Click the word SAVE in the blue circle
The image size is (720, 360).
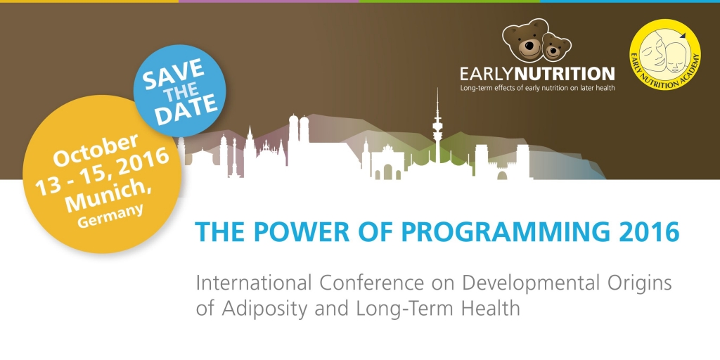pyautogui.click(x=173, y=73)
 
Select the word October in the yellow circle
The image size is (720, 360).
pyautogui.click(x=96, y=150)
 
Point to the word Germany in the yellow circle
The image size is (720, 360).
pyautogui.click(x=110, y=216)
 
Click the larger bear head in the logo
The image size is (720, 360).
pyautogui.click(x=525, y=40)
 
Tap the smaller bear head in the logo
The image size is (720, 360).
pyautogui.click(x=557, y=46)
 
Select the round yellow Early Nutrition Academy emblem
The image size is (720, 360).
pyautogui.click(x=664, y=54)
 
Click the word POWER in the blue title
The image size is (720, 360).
pyautogui.click(x=288, y=232)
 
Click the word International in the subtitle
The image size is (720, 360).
pyautogui.click(x=254, y=283)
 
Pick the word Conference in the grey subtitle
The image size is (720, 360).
pyautogui.click(x=373, y=283)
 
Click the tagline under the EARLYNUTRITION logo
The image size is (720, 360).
pyautogui.click(x=537, y=88)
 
